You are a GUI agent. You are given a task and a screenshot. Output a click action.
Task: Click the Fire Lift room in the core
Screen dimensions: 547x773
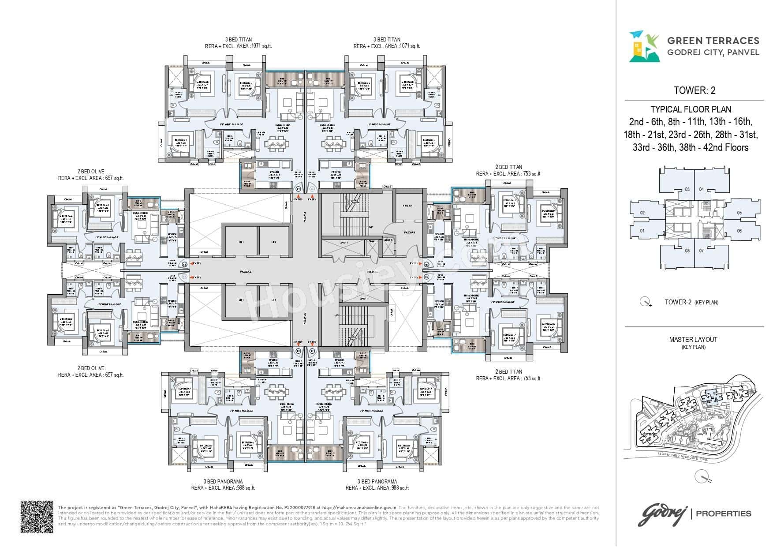(x=407, y=206)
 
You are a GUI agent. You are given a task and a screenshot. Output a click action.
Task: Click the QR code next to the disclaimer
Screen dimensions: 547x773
(x=37, y=517)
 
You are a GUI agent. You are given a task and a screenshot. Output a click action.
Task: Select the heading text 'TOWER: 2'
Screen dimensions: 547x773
(x=695, y=90)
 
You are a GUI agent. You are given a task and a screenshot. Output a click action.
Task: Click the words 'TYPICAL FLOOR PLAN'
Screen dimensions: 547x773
(x=694, y=109)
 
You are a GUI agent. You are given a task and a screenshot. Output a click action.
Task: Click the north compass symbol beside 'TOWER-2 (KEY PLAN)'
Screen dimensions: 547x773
(x=646, y=302)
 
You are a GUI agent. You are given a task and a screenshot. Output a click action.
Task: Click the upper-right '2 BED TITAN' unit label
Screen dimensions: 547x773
(x=508, y=167)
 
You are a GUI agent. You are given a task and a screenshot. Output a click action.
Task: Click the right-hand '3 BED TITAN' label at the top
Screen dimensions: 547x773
(x=386, y=39)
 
